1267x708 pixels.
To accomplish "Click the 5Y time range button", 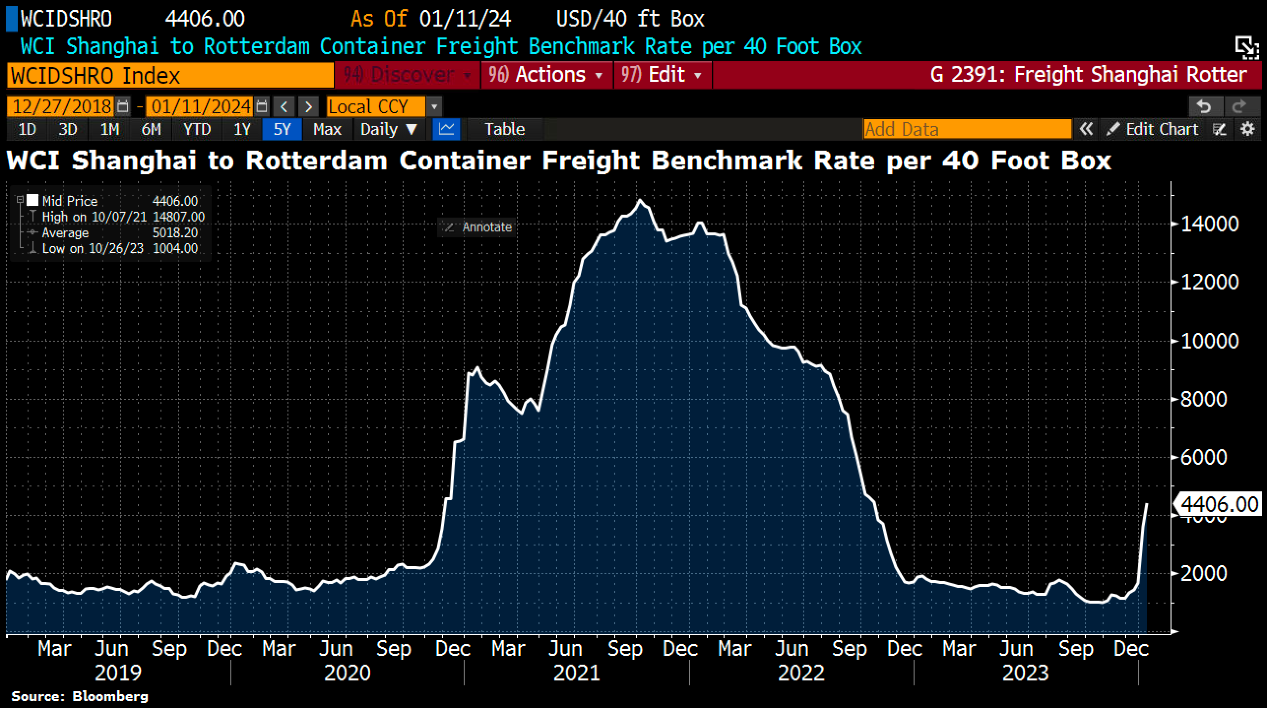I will [x=282, y=129].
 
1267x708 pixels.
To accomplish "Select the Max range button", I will [x=327, y=129].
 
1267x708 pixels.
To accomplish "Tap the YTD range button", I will [x=197, y=129].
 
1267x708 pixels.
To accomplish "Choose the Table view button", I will [x=505, y=129].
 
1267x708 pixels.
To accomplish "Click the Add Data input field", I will [x=967, y=129].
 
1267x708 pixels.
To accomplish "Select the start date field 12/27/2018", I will [x=62, y=106].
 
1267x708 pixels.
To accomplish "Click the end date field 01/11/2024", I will [x=201, y=106].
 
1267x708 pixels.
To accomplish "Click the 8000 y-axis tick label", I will [x=1204, y=399].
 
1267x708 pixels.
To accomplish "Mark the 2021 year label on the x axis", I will [x=576, y=673].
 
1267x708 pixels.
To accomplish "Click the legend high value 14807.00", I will [x=178, y=217].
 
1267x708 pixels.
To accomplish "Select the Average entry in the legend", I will [x=65, y=233].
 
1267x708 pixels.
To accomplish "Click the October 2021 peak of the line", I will [x=640, y=200].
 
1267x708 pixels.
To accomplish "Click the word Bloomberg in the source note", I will [x=110, y=697].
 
